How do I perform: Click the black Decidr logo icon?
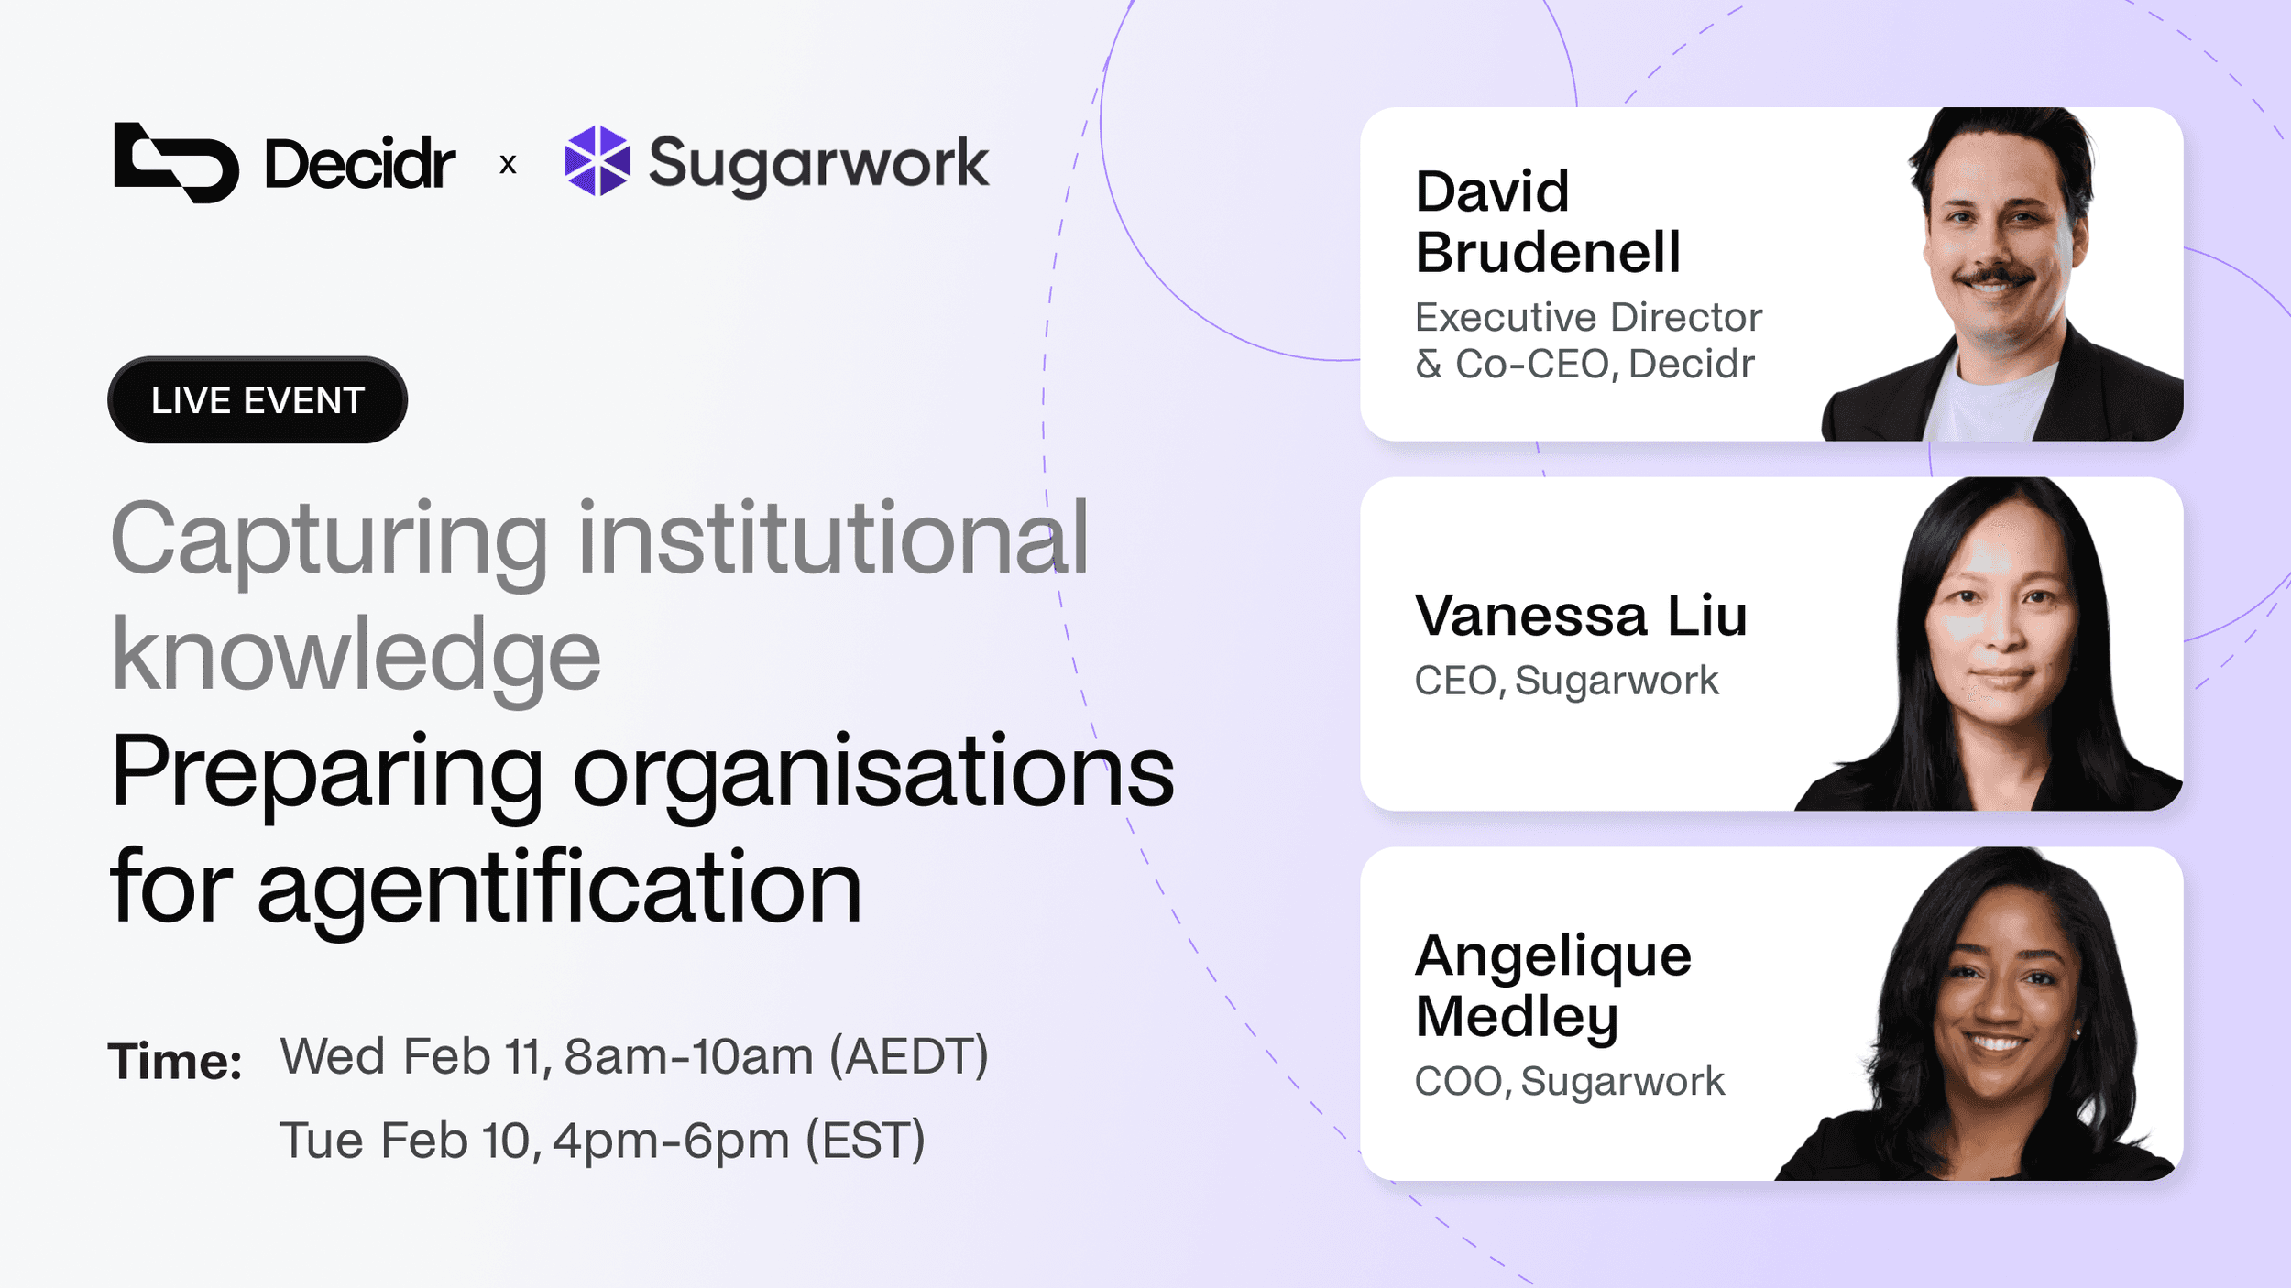pos(176,162)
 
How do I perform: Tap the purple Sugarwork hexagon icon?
pos(597,161)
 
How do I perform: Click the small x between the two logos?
pos(508,165)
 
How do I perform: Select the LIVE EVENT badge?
pos(258,400)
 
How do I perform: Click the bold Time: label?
pos(175,1062)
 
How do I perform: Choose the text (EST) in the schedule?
pos(866,1141)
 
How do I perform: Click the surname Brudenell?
pos(1549,252)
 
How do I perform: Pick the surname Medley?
pos(1518,1018)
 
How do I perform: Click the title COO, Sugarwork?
pos(1570,1082)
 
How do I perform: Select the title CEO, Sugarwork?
pos(1567,681)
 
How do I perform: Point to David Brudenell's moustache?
pos(1994,275)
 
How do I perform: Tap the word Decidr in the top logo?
pos(360,164)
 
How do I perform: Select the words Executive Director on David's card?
pos(1589,317)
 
